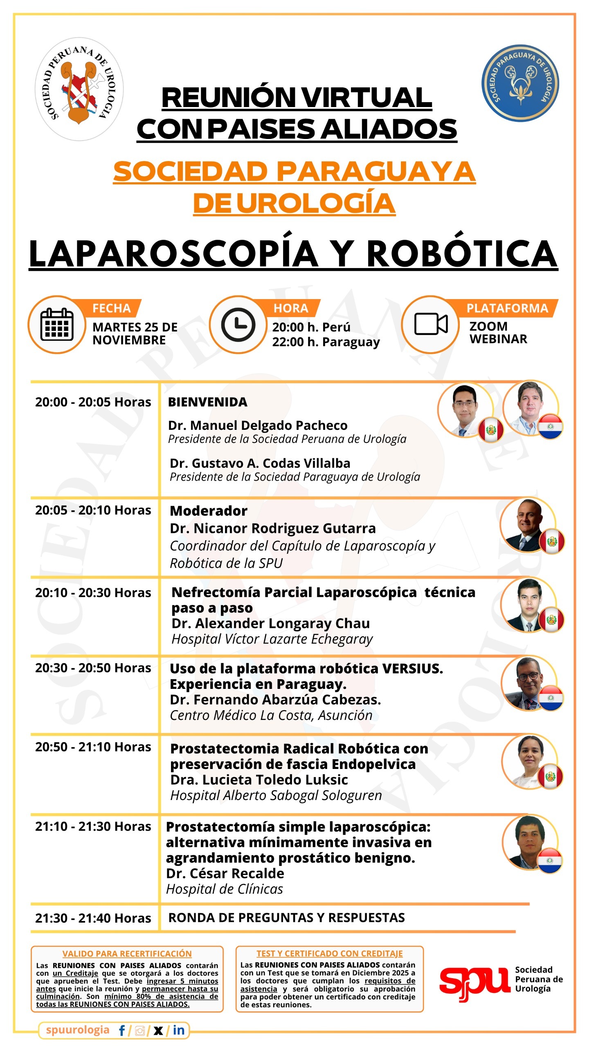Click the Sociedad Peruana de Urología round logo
coord(79,89)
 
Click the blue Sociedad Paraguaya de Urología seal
coord(520,83)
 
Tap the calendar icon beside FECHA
coord(57,325)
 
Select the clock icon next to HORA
coord(238,325)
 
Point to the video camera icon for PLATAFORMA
coord(431,324)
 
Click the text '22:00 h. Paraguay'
coord(326,342)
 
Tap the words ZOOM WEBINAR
coord(498,333)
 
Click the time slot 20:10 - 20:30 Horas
coord(93,592)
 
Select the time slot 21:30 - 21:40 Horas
coord(93,918)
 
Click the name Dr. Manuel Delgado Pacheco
coord(258,425)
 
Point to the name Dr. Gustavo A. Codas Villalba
coord(260,463)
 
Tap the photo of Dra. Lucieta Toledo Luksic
coord(528,760)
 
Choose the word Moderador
coord(209,511)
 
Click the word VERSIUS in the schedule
coord(412,668)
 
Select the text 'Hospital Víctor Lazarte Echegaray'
coord(272,639)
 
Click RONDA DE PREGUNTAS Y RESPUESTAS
coord(286,918)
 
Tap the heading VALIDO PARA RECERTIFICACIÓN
coord(127,954)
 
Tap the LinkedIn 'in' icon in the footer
coord(178,1030)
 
